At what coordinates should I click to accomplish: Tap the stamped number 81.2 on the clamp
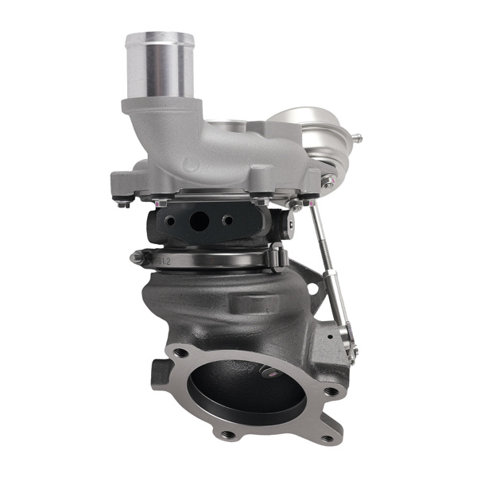click(164, 260)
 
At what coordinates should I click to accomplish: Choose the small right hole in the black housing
click(228, 220)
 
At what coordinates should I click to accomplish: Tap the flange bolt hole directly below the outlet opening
click(229, 434)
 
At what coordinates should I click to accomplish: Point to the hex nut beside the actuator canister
click(328, 182)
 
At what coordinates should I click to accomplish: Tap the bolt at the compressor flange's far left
click(122, 203)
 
